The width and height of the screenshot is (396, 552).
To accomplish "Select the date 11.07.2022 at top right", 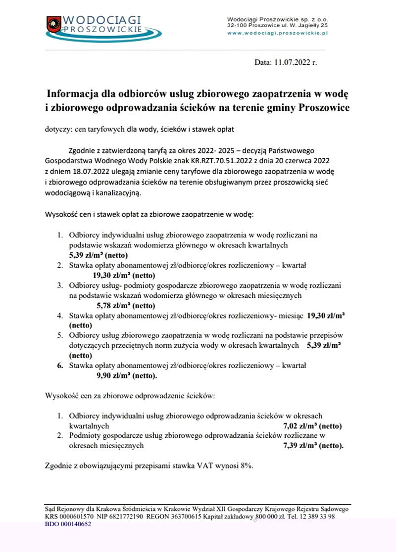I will point(293,63).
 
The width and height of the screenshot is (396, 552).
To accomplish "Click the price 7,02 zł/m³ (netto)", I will point(312,425).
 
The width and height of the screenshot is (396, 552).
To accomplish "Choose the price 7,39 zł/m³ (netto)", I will point(313,445).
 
